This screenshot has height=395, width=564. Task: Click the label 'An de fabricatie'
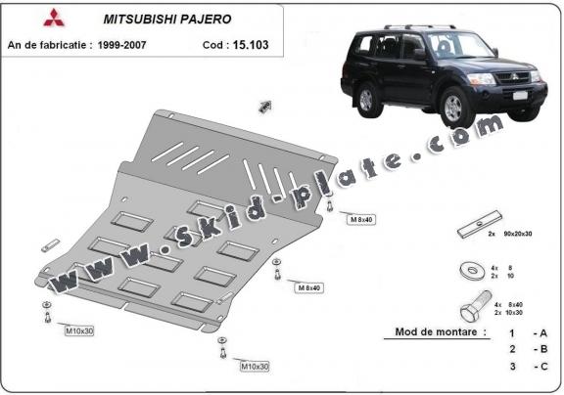(48, 45)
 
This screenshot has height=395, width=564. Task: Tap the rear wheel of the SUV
(367, 99)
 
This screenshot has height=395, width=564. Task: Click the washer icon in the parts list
(468, 266)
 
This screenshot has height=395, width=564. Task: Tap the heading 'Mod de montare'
(440, 332)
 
